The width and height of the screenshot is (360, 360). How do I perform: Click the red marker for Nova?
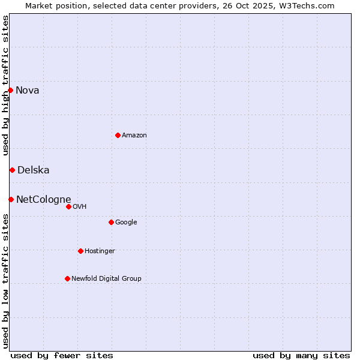(x=11, y=91)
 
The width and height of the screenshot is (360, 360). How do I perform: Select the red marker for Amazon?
(x=118, y=135)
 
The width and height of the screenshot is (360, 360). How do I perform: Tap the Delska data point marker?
(x=12, y=170)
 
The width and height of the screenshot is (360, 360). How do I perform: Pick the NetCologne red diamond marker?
(x=11, y=199)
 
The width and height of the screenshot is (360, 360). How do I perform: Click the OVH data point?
(x=68, y=206)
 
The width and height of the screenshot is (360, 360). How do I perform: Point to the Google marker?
(x=111, y=222)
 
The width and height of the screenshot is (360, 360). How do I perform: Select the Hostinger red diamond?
(x=80, y=251)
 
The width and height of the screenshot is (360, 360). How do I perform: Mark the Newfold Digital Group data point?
(x=67, y=278)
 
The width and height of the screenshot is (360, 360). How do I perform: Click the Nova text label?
(x=28, y=91)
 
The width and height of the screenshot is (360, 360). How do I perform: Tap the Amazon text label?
(x=134, y=136)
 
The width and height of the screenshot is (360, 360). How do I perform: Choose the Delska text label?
(x=34, y=170)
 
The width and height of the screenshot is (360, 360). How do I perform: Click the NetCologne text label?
(x=44, y=200)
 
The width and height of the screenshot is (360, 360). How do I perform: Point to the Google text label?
(x=126, y=223)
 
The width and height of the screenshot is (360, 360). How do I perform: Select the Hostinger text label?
(x=100, y=251)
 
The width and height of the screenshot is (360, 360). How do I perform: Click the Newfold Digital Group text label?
(x=106, y=279)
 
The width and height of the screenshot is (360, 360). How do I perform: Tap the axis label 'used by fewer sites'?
(x=62, y=356)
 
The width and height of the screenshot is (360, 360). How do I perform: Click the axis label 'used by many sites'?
(x=301, y=356)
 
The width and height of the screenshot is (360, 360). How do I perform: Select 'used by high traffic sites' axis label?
(x=5, y=85)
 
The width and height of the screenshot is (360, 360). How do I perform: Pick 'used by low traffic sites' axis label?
(x=5, y=280)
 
